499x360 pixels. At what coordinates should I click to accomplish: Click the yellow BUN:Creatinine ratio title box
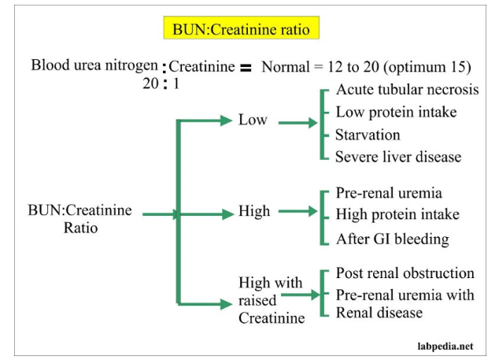tap(241, 28)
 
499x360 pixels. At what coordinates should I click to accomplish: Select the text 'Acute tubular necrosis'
tap(408, 90)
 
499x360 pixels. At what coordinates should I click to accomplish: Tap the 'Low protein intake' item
tap(396, 112)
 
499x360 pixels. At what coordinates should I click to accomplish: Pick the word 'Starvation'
tap(368, 135)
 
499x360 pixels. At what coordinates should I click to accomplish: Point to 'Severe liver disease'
tap(398, 157)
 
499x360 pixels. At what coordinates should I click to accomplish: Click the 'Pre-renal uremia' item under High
tap(389, 193)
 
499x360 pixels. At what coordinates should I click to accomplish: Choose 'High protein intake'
tap(397, 214)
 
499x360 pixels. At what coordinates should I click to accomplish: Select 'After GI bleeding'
tap(393, 239)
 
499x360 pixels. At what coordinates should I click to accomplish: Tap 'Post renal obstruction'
tap(405, 273)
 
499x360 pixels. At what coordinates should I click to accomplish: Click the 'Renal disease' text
tap(379, 313)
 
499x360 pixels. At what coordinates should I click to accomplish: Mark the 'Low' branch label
tap(253, 120)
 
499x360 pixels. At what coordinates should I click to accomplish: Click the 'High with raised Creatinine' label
tap(272, 300)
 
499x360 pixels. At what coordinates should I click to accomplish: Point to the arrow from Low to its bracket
tap(298, 123)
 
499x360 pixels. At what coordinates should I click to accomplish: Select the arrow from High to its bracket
tap(298, 211)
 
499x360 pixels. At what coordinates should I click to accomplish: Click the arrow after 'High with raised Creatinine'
tap(301, 295)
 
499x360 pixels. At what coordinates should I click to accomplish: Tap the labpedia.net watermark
tap(445, 347)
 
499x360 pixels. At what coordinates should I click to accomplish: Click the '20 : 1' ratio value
tap(161, 84)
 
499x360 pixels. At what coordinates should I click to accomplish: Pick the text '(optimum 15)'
tap(427, 67)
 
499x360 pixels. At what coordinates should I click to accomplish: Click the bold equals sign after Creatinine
tap(246, 68)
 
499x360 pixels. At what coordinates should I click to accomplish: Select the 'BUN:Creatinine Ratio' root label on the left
tap(79, 219)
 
